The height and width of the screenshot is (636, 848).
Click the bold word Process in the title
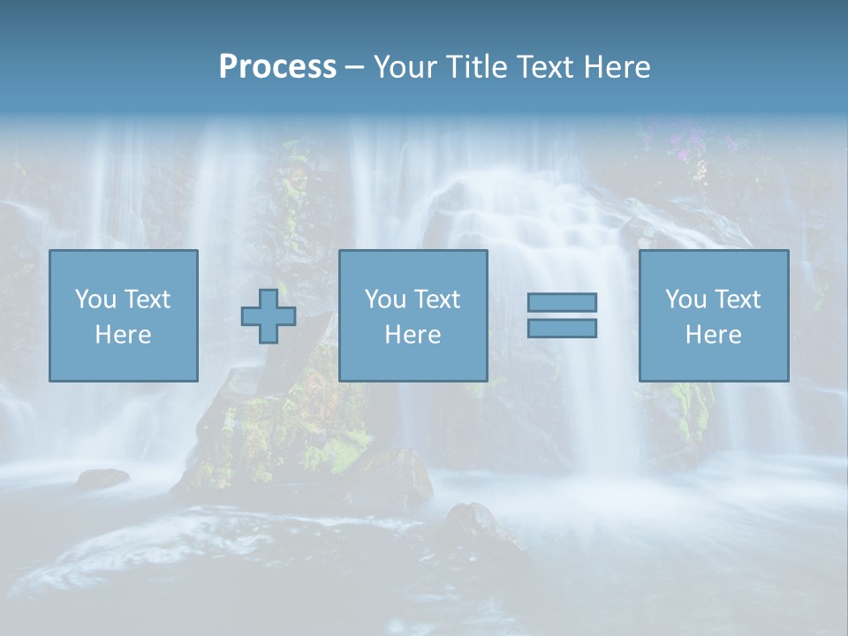point(277,66)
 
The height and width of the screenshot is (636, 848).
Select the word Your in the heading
point(405,66)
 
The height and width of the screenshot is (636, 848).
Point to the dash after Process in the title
point(354,67)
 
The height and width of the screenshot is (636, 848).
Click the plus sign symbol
point(269,316)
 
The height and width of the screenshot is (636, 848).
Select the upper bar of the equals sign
point(562,302)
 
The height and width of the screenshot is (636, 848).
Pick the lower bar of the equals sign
point(562,328)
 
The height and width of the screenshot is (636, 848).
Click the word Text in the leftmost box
point(147,299)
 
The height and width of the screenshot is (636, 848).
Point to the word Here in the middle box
point(413,335)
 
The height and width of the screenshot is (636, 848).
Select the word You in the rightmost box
point(685,299)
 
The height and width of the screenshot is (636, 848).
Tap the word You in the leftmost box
point(95,299)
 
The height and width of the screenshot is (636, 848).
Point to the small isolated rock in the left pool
point(102,478)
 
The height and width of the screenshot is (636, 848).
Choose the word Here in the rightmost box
point(713,335)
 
